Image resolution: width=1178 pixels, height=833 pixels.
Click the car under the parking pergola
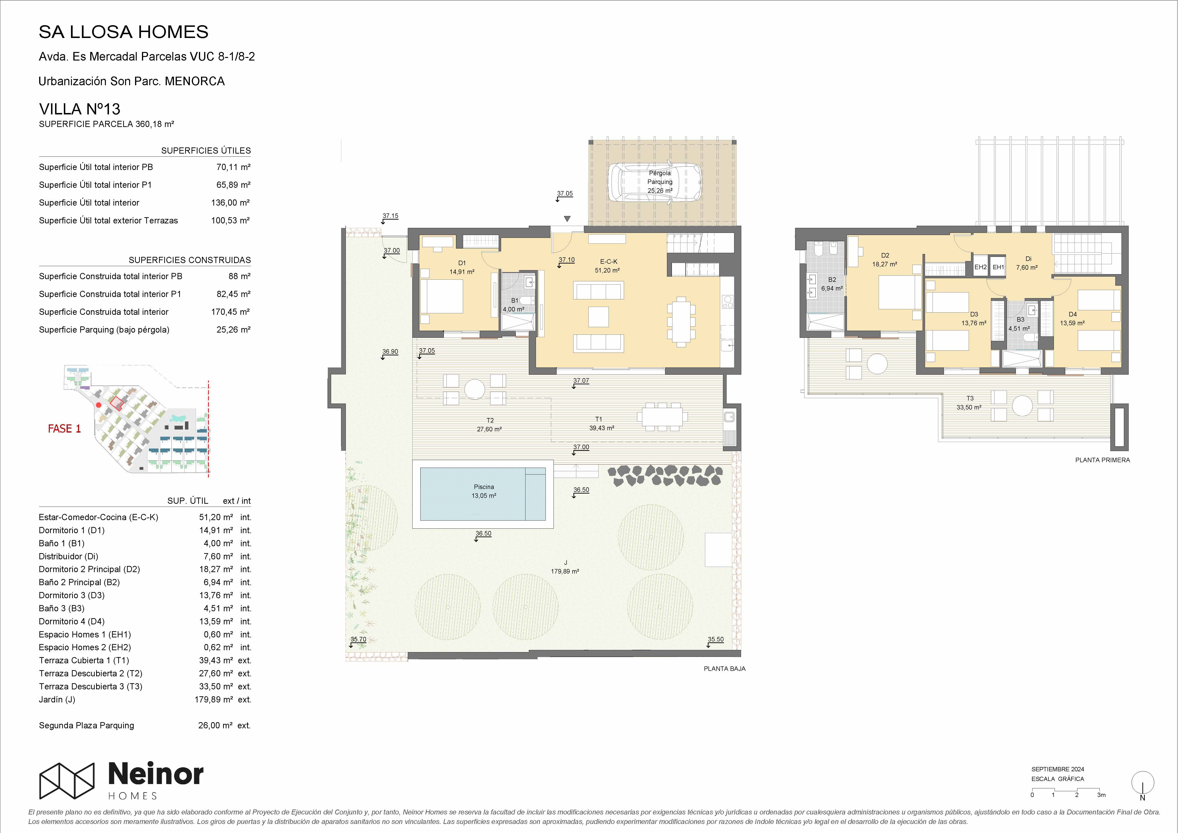(655, 182)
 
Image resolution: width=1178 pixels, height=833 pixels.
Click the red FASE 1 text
(64, 428)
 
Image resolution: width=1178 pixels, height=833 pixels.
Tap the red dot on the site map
(99, 405)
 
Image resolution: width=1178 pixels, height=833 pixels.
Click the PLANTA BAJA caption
(724, 669)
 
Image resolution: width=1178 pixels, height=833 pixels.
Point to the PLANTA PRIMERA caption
(1103, 460)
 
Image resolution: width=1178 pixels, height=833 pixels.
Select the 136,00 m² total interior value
(230, 203)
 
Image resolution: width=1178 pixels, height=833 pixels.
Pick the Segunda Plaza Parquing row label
(86, 725)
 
